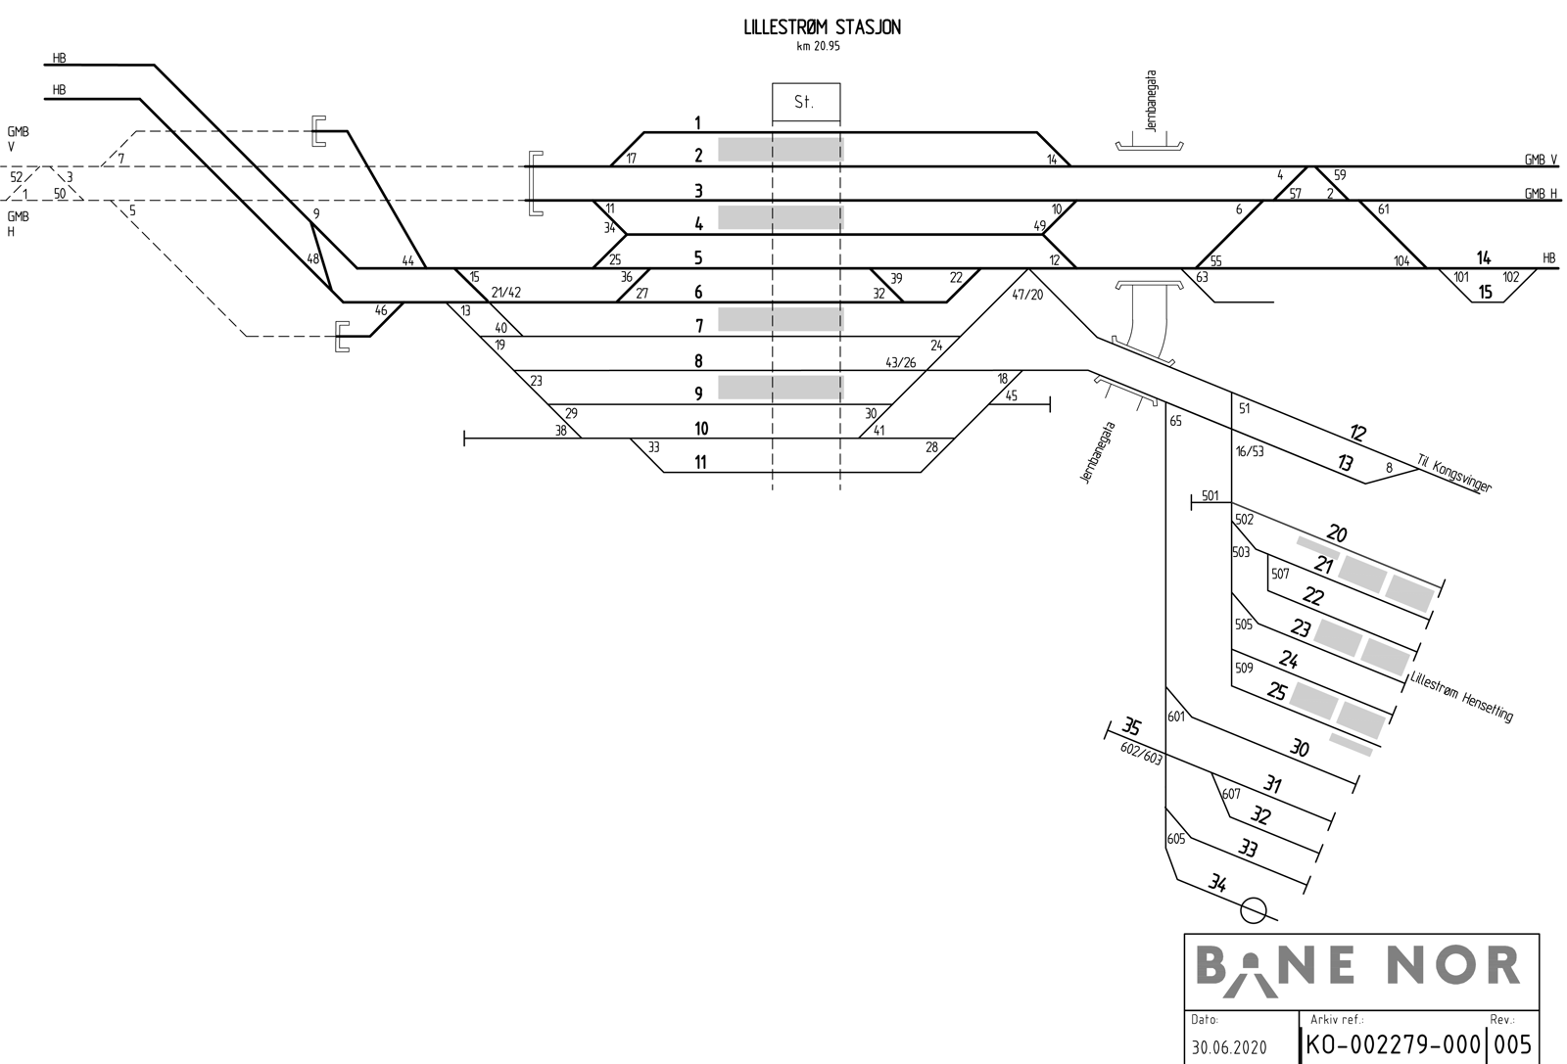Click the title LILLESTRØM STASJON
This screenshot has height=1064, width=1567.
click(x=822, y=28)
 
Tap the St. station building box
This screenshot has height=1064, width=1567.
click(x=805, y=102)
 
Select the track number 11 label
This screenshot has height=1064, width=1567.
click(x=699, y=462)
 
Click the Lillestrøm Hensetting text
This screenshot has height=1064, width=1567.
click(x=1461, y=697)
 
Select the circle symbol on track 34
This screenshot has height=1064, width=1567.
click(x=1253, y=910)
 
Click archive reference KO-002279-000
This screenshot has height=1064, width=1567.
click(x=1395, y=1043)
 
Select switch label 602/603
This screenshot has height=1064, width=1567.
click(x=1141, y=752)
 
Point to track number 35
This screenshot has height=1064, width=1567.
click(x=1130, y=727)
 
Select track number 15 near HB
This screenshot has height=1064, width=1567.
click(x=1486, y=292)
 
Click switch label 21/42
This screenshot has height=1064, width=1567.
click(x=506, y=293)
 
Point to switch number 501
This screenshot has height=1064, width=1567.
click(x=1211, y=496)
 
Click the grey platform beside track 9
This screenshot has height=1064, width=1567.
click(x=781, y=388)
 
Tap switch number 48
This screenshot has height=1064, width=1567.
click(x=313, y=259)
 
